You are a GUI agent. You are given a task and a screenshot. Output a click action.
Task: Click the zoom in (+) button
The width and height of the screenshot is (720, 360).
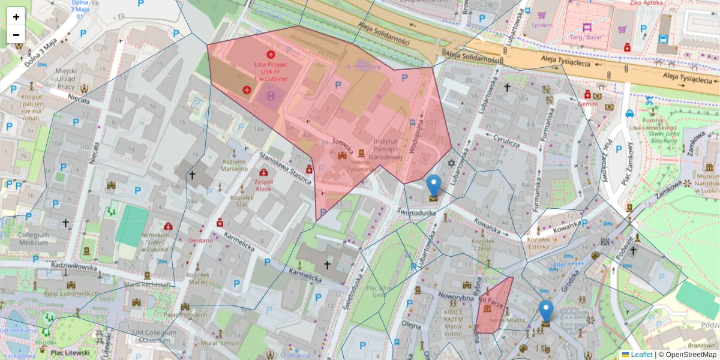16,17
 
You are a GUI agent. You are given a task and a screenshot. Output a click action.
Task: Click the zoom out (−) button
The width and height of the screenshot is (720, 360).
16,35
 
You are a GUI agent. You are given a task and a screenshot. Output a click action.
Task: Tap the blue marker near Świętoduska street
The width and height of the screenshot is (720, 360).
433,186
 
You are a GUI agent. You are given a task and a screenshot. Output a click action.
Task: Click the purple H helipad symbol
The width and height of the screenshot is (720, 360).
272,95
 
